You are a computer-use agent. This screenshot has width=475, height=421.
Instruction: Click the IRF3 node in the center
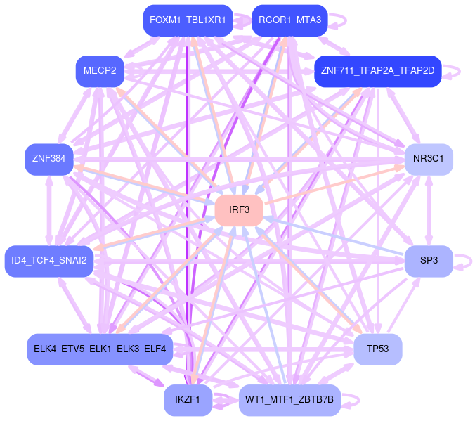(x=239, y=210)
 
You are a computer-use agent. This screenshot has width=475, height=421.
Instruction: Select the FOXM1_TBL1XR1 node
(x=188, y=20)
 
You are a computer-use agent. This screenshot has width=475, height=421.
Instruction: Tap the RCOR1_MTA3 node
(x=289, y=20)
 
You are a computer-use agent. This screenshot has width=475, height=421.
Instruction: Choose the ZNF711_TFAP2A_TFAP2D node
(x=377, y=71)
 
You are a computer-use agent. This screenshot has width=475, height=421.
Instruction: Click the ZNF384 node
(x=48, y=159)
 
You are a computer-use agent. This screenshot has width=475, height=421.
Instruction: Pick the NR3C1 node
(x=429, y=159)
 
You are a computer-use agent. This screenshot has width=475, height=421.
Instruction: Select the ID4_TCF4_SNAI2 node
(x=49, y=261)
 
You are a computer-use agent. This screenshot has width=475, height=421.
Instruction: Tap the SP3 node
(x=429, y=261)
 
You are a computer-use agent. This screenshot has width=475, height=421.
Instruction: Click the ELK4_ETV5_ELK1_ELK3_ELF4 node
(x=100, y=349)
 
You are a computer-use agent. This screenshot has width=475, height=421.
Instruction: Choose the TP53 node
(x=377, y=349)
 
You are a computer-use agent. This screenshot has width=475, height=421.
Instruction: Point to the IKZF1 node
(x=188, y=400)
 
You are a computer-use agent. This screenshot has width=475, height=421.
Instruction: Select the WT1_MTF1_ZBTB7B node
(x=289, y=400)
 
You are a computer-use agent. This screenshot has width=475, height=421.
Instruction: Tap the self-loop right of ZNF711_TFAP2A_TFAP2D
(x=457, y=71)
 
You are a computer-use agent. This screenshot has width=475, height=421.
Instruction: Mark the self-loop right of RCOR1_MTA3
(x=341, y=20)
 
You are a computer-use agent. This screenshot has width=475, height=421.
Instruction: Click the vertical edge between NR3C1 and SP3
(x=429, y=209)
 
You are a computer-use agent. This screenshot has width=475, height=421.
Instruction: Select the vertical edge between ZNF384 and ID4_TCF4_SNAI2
(x=48, y=209)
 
